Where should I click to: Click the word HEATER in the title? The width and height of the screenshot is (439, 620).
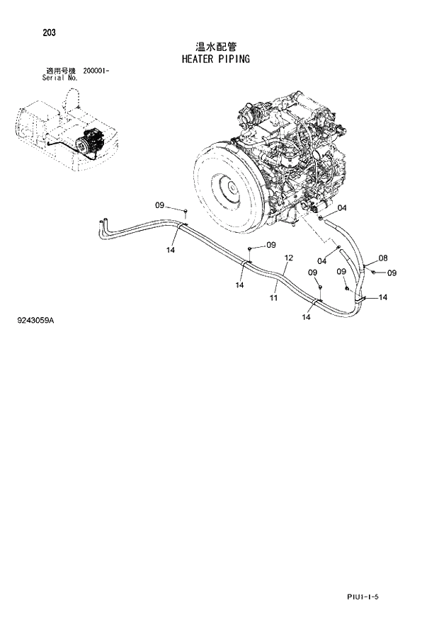click(x=186, y=59)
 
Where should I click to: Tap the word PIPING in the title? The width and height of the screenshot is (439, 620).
click(x=235, y=59)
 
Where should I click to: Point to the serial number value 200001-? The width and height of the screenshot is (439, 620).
click(x=96, y=71)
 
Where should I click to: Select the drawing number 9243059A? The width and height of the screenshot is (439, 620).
click(x=35, y=321)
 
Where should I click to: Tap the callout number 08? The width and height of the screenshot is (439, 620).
click(x=382, y=258)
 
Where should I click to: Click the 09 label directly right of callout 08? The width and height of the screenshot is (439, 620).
click(x=392, y=273)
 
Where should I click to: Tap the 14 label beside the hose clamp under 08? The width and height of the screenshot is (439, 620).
click(x=382, y=297)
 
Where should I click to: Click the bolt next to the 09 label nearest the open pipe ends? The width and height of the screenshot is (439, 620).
click(x=184, y=212)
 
